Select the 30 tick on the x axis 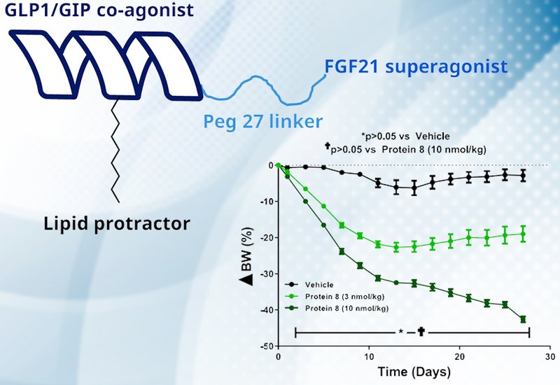pos(550,356)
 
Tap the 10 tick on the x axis pos(369,356)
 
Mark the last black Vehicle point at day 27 pos(523,176)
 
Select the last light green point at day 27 pos(523,234)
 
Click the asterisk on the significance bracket pos(400,330)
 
